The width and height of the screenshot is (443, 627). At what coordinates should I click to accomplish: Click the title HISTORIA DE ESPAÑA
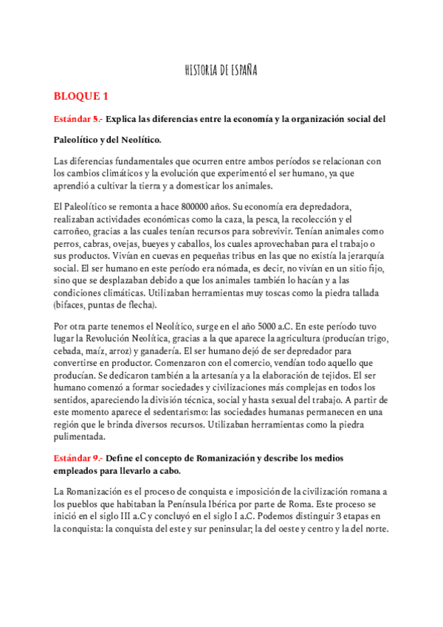click(x=221, y=70)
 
